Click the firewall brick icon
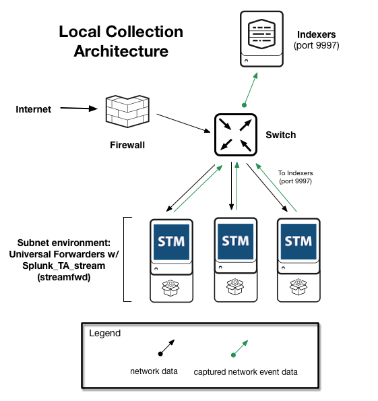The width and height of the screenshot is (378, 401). pos(127,111)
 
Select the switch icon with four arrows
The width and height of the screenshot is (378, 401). pos(236,135)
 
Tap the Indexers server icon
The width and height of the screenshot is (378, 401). pos(261,39)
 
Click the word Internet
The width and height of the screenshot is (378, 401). pos(33,109)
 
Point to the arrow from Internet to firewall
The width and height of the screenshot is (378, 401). pos(79,109)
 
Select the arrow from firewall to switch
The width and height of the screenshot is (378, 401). pos(183,123)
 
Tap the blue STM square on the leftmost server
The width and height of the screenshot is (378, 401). pos(171,242)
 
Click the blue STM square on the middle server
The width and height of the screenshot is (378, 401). pos(235,241)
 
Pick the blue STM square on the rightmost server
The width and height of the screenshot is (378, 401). pos(298,241)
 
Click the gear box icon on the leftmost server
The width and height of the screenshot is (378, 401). pos(170,288)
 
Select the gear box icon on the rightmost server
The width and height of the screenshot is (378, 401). pos(298,287)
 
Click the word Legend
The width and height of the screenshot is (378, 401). pos(105,333)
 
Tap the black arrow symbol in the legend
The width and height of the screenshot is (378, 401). pos(166,348)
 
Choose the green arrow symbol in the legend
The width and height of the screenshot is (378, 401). pos(239,348)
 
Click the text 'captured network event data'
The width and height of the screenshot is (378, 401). pos(245,372)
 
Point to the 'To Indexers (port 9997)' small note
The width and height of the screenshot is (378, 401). pos(295,177)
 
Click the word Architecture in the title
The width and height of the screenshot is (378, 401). pos(121,51)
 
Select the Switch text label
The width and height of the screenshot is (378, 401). pos(281,135)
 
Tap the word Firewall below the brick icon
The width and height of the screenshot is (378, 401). pos(127,145)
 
